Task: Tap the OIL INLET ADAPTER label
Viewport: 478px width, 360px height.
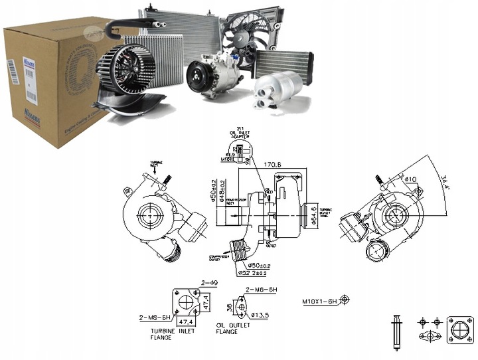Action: [238, 137]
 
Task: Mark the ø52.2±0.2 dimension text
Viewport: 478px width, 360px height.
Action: [254, 272]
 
